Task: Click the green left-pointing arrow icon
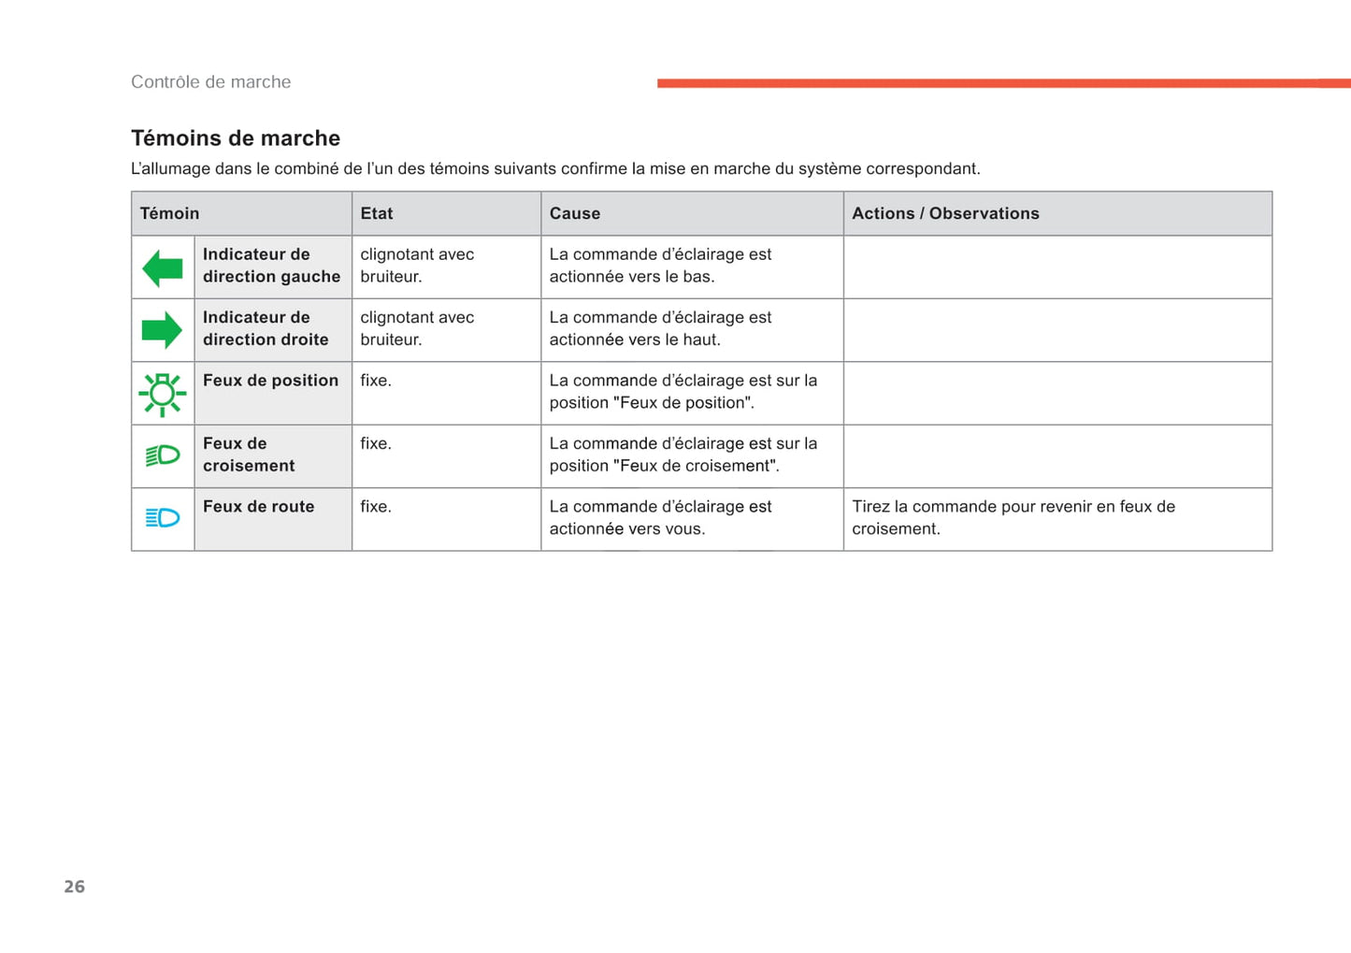tap(163, 268)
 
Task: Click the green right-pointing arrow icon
tap(162, 330)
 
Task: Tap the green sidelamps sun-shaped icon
tap(163, 394)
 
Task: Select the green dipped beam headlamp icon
tap(163, 455)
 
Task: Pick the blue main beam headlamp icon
tap(163, 517)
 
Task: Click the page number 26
tap(75, 887)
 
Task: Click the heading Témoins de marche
tap(236, 138)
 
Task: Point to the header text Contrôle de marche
tap(210, 82)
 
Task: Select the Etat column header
tap(377, 213)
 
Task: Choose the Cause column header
tap(575, 213)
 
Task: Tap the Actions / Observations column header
tap(945, 213)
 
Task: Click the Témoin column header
tap(169, 213)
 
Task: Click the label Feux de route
tap(259, 507)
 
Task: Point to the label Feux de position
tap(270, 381)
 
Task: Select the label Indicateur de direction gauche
tap(271, 266)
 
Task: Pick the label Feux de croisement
tap(249, 455)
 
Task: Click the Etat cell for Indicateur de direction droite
tap(417, 328)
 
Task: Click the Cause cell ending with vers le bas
tap(660, 266)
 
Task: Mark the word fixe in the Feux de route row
tap(376, 507)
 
